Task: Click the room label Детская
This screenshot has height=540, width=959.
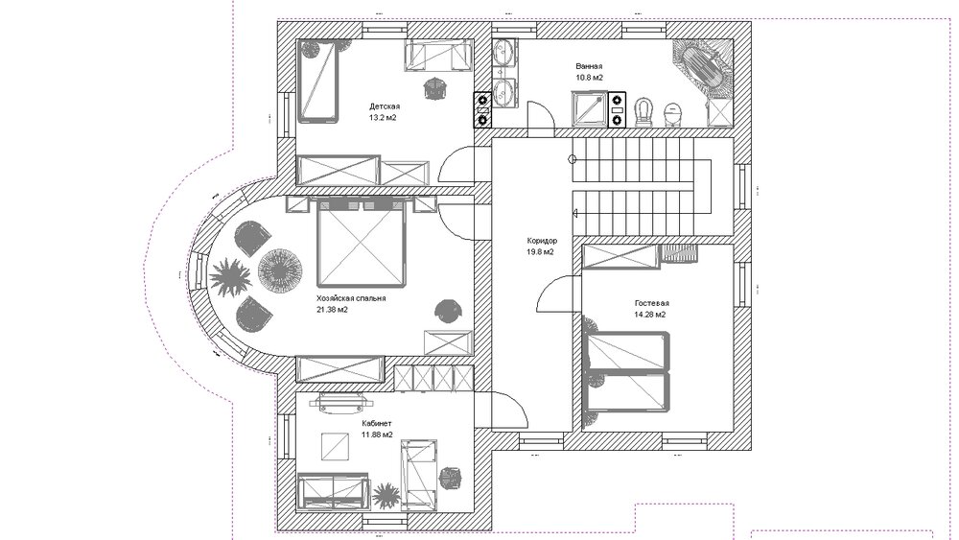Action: (x=385, y=106)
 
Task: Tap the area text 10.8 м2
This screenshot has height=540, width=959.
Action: (x=589, y=78)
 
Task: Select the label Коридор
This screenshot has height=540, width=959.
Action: (x=542, y=241)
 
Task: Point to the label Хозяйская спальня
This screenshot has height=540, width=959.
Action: (x=351, y=298)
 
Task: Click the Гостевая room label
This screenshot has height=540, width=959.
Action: (x=651, y=303)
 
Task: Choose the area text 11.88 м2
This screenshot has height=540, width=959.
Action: (x=377, y=434)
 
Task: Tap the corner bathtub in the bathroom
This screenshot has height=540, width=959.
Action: (x=702, y=65)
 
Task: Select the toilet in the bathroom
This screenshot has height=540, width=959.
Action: (x=643, y=112)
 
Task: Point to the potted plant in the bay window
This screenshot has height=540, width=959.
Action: (x=230, y=277)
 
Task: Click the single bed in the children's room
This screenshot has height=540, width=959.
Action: (x=318, y=82)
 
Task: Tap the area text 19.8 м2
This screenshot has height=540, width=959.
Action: (x=541, y=252)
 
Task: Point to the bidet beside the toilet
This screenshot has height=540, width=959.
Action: (x=673, y=114)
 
